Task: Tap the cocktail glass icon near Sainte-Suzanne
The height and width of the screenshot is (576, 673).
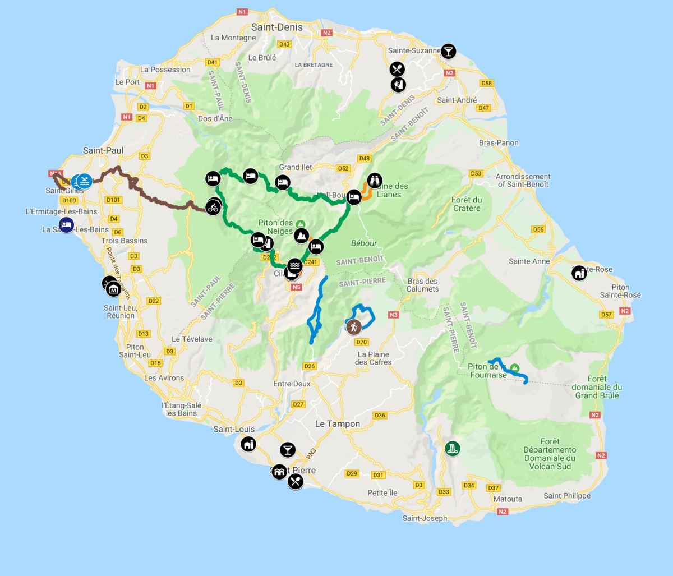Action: tap(448, 52)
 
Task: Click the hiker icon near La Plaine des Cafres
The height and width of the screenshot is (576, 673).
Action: tap(353, 327)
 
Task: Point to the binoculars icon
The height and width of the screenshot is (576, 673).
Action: tap(375, 181)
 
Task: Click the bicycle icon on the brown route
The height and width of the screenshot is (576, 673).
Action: tap(213, 207)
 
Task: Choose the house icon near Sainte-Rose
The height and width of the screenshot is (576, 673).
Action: tap(579, 273)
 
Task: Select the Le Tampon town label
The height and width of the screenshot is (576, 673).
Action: tap(337, 424)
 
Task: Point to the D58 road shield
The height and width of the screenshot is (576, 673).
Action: tap(487, 84)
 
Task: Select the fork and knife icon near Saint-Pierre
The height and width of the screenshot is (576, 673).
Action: tap(296, 481)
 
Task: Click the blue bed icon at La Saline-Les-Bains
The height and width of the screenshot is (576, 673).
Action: tap(66, 225)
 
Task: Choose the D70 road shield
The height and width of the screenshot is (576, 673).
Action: tap(361, 342)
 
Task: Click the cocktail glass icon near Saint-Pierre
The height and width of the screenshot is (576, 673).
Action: tap(288, 449)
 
